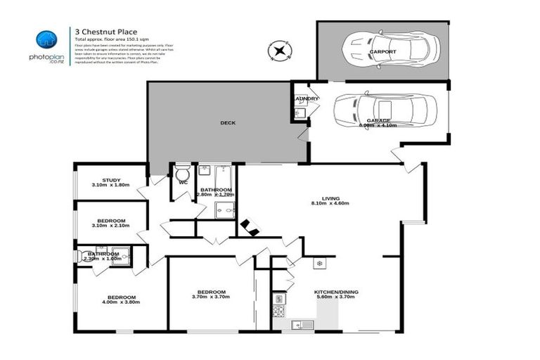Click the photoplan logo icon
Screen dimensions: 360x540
46,39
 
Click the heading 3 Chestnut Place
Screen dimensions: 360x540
101,30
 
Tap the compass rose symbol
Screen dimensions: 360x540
280,51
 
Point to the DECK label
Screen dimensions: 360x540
227,123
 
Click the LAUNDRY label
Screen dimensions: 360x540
307,98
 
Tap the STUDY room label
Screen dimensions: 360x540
112,179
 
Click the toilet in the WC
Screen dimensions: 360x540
182,173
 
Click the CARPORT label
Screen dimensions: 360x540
382,52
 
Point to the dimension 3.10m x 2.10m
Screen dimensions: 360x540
112,226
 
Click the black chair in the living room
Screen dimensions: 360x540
249,227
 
